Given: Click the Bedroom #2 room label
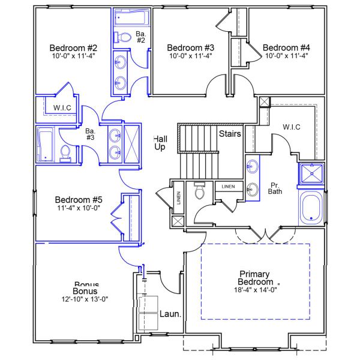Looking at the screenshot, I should [73, 47].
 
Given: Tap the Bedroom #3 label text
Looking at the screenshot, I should [191, 47].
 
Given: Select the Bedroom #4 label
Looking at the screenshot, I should [286, 47].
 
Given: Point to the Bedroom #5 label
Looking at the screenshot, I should [79, 200].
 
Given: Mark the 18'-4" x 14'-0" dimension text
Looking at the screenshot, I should [256, 289].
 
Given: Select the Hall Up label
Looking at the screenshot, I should [160, 143].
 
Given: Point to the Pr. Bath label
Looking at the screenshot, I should [275, 188].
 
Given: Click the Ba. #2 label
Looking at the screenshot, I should [140, 37].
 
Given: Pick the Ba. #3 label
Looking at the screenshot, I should [91, 134].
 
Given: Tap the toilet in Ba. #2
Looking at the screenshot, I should [124, 37].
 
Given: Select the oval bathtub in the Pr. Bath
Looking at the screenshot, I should [311, 208].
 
